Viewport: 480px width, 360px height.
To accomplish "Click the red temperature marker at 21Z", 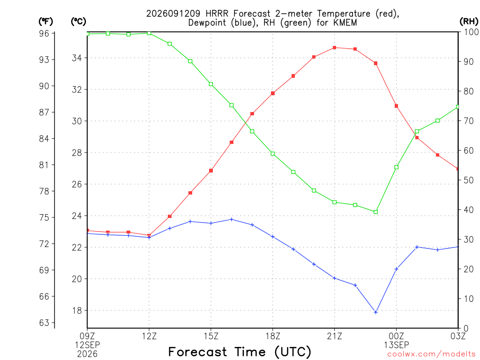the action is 334,48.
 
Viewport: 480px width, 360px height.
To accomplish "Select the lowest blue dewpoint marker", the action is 375,312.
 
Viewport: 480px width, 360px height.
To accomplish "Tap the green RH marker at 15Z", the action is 211,84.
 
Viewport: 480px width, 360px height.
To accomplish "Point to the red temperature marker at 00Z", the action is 396,106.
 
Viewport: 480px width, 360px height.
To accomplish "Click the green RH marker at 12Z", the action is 149,33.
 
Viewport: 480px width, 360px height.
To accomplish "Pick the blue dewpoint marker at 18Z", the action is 273,237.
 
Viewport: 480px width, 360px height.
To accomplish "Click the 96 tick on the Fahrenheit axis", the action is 44,33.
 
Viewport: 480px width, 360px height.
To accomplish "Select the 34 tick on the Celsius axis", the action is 77,58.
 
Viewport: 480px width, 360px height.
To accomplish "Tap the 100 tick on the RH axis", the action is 472,32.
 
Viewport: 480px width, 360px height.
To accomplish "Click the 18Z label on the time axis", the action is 273,336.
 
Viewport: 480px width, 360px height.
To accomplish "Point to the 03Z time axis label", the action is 458,336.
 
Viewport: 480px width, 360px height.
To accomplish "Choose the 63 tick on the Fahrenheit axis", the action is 44,322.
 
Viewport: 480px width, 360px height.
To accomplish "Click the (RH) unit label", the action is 469,21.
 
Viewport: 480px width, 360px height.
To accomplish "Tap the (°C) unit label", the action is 78,22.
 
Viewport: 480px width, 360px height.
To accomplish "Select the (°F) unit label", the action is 45,22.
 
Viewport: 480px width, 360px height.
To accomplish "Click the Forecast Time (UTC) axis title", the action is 240,352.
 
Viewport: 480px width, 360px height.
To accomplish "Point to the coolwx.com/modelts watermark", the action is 431,354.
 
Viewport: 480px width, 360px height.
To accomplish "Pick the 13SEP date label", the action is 397,345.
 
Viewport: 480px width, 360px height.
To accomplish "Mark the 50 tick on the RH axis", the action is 469,180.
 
